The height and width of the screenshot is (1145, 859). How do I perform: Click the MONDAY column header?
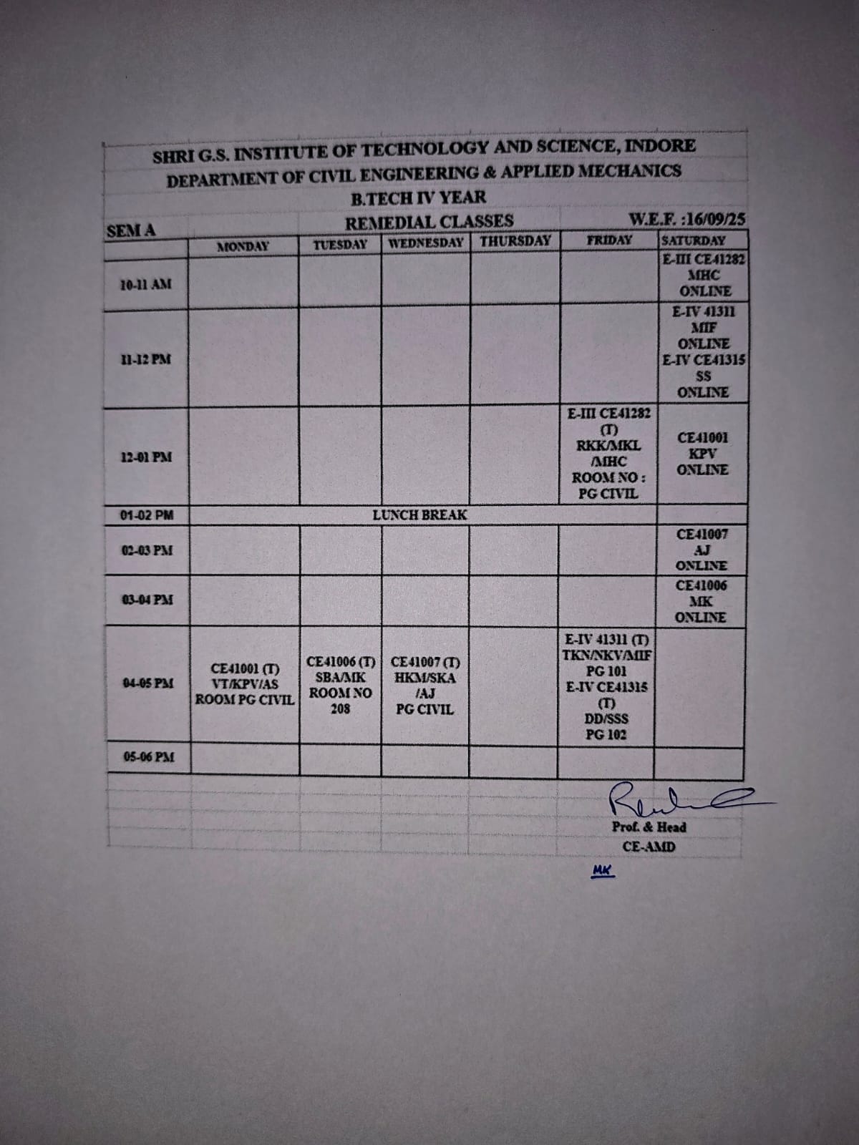[243, 247]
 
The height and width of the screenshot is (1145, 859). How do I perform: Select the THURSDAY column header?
[515, 241]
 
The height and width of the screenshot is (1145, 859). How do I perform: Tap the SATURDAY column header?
[694, 241]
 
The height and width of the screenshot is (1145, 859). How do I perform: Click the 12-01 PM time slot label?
[146, 457]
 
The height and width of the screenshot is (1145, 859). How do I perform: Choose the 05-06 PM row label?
[148, 757]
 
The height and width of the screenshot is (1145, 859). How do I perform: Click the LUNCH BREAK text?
[419, 515]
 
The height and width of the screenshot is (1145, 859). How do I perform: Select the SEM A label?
[131, 230]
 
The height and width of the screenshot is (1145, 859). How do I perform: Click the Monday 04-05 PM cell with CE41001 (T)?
[245, 684]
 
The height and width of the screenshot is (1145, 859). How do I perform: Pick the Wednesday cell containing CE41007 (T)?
[425, 686]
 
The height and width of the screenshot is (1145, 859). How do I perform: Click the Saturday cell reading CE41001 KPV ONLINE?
[702, 454]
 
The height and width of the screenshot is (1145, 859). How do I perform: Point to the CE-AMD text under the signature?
[649, 847]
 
